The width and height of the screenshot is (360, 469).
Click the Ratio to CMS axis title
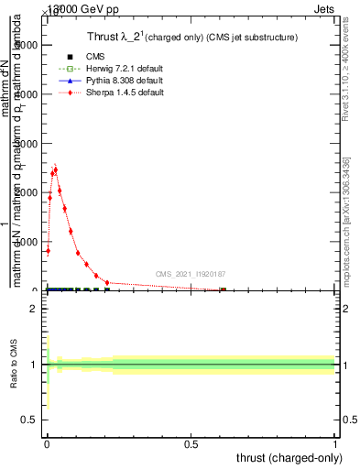point(14,364)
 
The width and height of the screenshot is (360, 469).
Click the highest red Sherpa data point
point(55,169)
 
